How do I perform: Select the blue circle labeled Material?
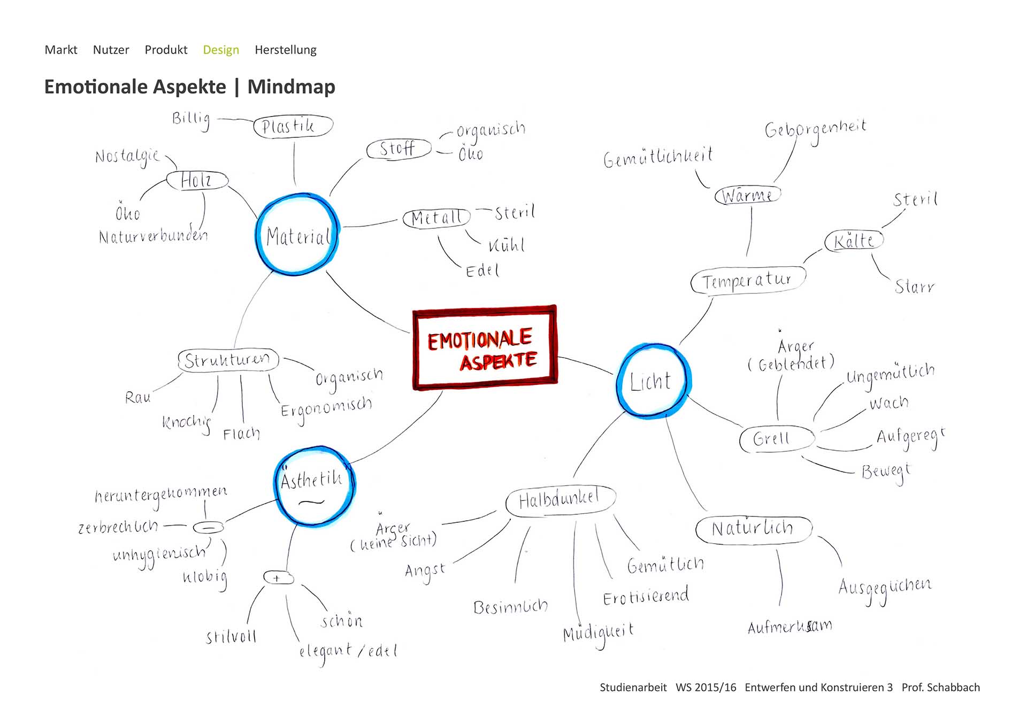tap(297, 235)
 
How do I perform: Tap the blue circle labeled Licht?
tap(652, 381)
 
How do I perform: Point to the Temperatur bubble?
tap(747, 280)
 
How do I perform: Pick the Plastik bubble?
tap(293, 127)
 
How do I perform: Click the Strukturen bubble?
tap(228, 360)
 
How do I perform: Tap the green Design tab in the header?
tap(221, 50)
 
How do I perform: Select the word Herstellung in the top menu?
tap(285, 50)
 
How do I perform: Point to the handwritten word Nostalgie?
tap(127, 157)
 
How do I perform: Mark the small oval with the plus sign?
tap(278, 578)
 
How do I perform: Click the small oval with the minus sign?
tap(208, 528)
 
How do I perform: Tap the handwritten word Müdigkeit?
tap(598, 634)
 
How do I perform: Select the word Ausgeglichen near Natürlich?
tap(884, 588)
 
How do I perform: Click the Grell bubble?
tap(776, 439)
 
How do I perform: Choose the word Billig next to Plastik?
tap(191, 119)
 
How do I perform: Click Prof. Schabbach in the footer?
tap(940, 688)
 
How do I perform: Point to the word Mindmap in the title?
tap(291, 87)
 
